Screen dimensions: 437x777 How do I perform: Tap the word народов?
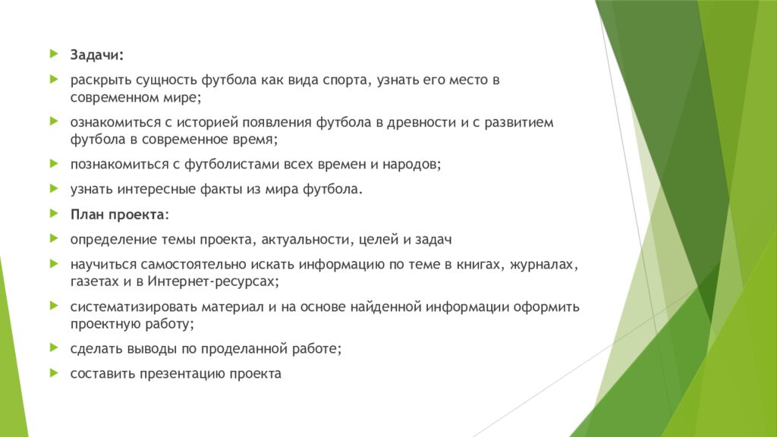tap(408, 164)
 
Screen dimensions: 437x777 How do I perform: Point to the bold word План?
tap(87, 215)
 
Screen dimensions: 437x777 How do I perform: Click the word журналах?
tap(546, 265)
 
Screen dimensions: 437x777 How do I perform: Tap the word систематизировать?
tap(134, 307)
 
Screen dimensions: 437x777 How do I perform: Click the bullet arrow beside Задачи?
tap(53, 55)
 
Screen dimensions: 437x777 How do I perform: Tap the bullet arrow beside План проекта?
tap(53, 215)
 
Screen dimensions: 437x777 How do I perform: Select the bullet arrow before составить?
tap(53, 373)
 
